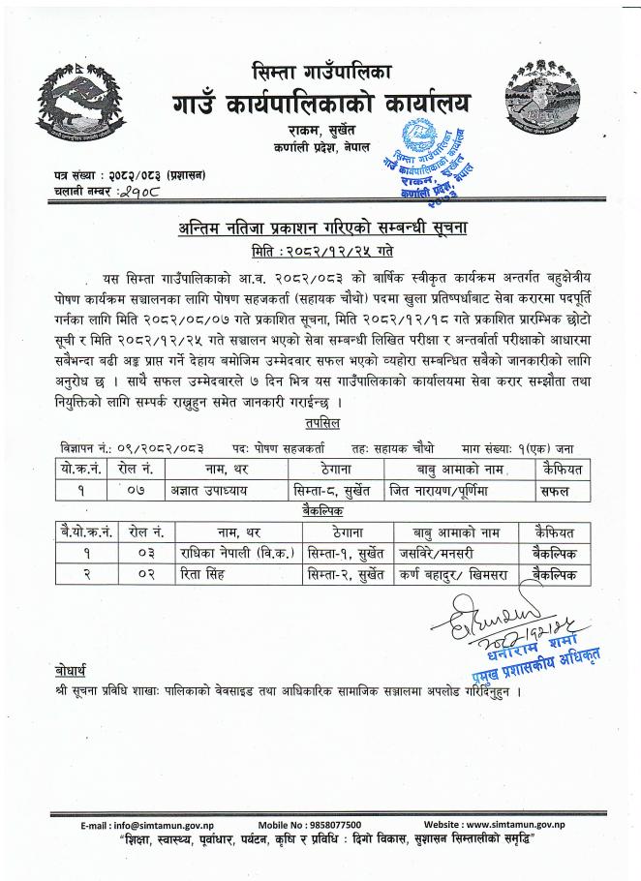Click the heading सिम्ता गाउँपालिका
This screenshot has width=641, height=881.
pyautogui.click(x=320, y=71)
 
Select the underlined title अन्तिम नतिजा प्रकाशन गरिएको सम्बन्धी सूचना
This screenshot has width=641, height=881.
pyautogui.click(x=320, y=228)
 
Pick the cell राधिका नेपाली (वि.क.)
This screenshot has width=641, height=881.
pyautogui.click(x=227, y=552)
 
